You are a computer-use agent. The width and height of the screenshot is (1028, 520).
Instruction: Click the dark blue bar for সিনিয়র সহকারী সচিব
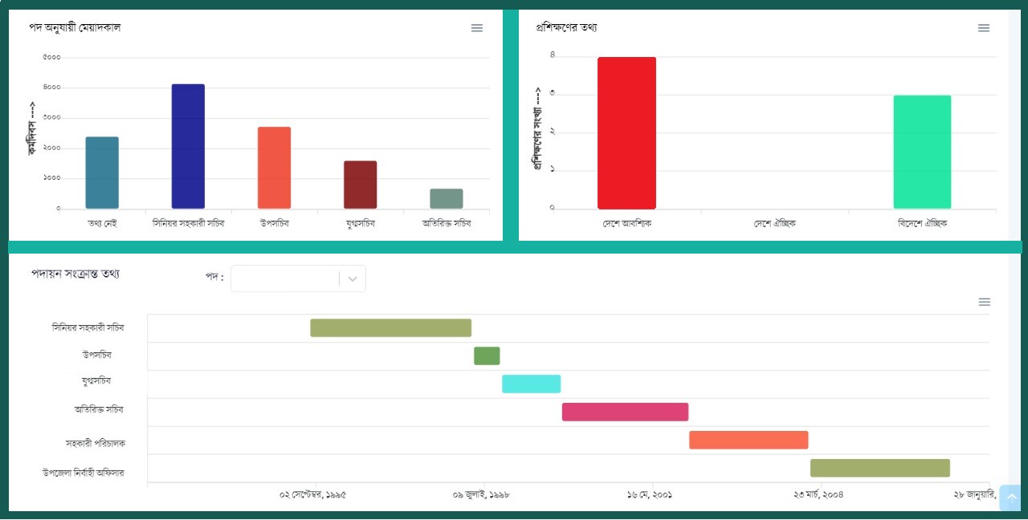[188, 146]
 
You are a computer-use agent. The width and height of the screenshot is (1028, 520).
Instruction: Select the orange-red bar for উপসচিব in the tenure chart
[274, 168]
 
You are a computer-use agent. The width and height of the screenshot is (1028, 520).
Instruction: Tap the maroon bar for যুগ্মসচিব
[360, 185]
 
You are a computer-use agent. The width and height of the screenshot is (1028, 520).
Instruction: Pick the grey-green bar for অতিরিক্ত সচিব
[446, 198]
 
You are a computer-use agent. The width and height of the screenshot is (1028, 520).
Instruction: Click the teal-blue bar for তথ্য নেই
[102, 173]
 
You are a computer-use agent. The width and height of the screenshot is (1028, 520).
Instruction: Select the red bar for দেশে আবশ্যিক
[626, 133]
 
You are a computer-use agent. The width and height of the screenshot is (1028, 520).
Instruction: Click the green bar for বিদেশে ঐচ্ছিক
[922, 152]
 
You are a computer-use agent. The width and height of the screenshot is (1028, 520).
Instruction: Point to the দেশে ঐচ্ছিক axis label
[774, 224]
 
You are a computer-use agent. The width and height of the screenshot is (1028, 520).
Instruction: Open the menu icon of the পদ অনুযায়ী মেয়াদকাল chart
[477, 28]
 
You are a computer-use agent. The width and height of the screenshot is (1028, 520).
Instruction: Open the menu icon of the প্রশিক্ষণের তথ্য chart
[984, 28]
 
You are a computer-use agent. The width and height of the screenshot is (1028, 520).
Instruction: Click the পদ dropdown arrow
[353, 279]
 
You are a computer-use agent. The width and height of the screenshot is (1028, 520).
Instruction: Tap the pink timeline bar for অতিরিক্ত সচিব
[625, 412]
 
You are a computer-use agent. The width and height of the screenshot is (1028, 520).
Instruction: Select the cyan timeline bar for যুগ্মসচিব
[531, 384]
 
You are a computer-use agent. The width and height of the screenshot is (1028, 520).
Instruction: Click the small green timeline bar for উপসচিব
[487, 355]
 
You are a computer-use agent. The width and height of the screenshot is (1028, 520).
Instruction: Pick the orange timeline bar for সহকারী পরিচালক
[749, 440]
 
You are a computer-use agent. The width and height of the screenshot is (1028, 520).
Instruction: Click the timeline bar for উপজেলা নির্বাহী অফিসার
[879, 468]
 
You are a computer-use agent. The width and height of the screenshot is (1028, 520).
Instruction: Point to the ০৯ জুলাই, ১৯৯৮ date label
[482, 495]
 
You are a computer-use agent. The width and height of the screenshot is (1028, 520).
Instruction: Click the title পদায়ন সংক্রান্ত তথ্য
[75, 274]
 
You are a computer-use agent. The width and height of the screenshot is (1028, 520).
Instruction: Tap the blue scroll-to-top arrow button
[1011, 498]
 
